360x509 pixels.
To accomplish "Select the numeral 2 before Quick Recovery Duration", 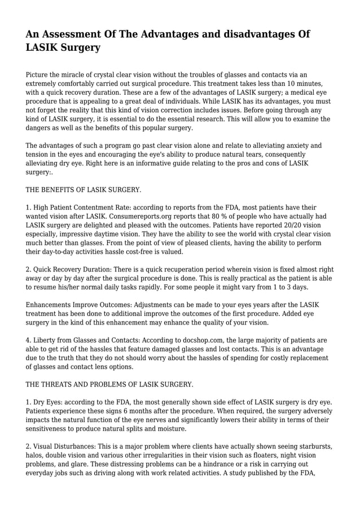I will pos(28,270).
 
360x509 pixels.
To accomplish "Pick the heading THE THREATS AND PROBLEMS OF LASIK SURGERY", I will pos(109,384).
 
